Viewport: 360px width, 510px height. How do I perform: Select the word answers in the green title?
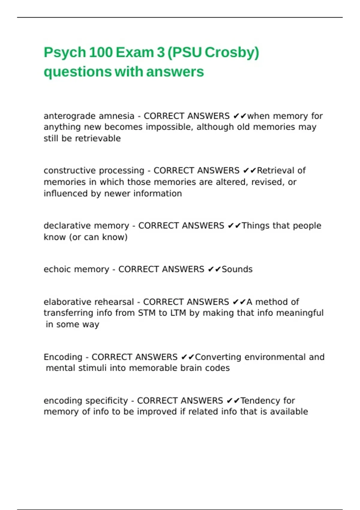175,72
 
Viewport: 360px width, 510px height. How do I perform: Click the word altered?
232,182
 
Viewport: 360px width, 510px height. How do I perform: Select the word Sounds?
237,269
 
